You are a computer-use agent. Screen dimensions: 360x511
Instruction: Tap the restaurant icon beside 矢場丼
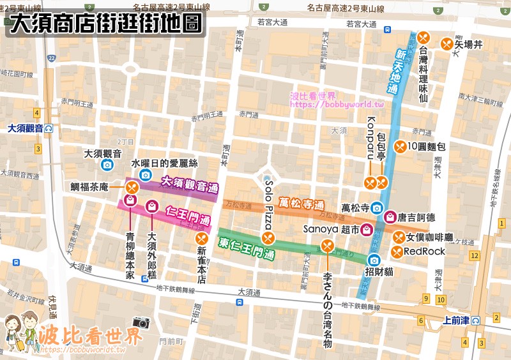446,43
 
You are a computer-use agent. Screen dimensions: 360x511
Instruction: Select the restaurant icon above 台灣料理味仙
423,37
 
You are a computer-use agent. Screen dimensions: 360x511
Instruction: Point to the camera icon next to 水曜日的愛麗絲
145,175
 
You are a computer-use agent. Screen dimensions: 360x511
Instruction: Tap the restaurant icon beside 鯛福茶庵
132,187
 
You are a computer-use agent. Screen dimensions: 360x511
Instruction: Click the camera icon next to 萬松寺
377,207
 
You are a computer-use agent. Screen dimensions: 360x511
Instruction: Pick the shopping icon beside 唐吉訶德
388,217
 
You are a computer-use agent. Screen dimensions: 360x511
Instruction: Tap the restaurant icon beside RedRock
397,251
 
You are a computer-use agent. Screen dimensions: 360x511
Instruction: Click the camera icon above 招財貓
374,260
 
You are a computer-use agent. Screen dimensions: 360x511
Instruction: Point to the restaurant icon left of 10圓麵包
400,146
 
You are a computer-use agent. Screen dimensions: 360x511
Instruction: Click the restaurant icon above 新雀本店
201,239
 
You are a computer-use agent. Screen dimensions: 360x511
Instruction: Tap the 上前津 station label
456,321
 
